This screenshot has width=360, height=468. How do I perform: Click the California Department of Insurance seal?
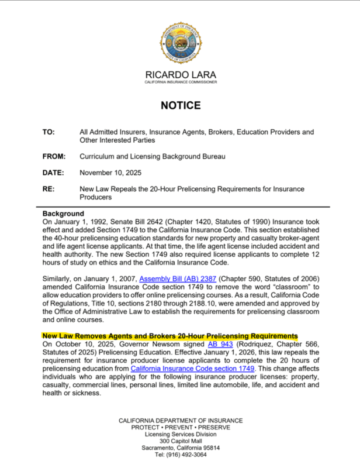180,44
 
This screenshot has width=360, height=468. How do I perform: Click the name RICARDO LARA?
180,74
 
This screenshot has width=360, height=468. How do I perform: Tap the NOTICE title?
180,106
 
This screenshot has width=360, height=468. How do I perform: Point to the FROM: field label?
54,157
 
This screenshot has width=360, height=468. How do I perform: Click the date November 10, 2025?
110,173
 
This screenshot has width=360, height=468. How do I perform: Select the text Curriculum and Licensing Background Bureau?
152,157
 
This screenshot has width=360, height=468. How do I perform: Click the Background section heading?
63,214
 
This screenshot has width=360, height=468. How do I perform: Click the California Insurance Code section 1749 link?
193,369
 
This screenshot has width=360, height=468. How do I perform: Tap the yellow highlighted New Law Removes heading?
170,336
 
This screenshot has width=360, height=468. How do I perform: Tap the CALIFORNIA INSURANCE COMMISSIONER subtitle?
180,82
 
